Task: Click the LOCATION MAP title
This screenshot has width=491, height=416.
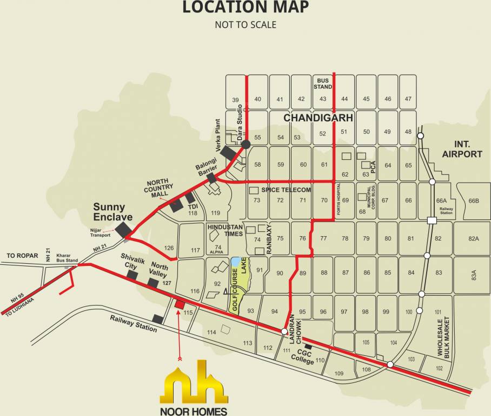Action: (x=245, y=8)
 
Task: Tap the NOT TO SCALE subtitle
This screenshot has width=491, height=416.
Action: (x=245, y=24)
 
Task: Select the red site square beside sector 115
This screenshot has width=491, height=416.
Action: (x=179, y=304)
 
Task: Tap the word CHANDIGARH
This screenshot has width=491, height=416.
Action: (x=319, y=118)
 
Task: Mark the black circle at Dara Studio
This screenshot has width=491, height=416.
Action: (x=246, y=144)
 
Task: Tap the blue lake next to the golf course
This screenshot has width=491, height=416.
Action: (x=235, y=263)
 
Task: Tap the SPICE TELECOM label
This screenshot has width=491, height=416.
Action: (x=286, y=190)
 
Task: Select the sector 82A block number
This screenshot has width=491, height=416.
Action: (x=474, y=238)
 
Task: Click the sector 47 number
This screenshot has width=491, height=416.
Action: (x=408, y=99)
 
